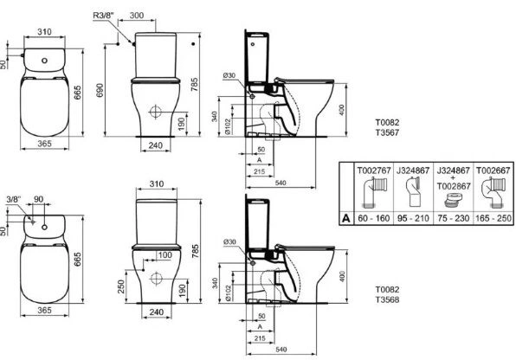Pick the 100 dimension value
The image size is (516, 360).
(165, 255)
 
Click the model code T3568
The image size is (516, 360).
(385, 299)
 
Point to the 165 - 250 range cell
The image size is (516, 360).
(489, 219)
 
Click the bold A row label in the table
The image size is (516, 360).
(345, 219)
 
